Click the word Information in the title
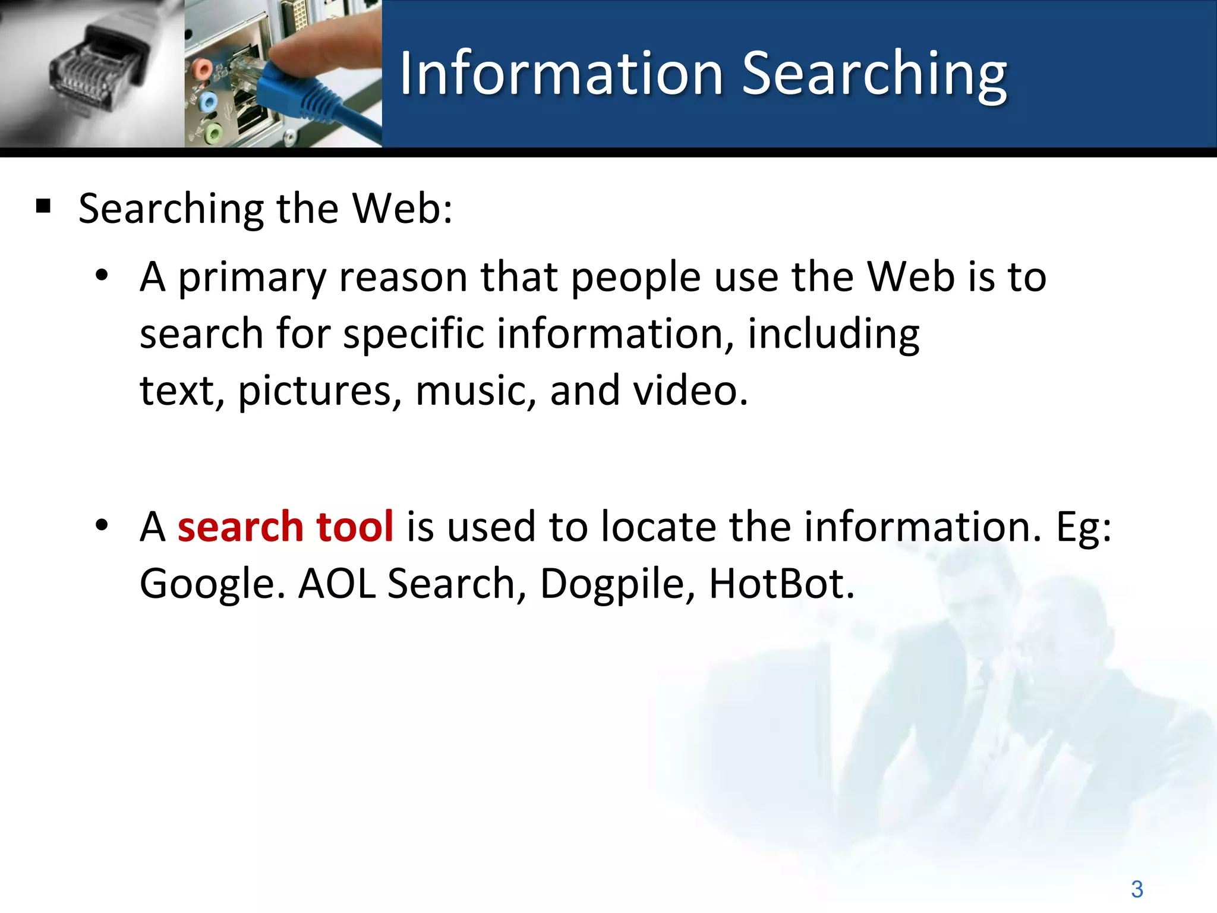tap(561, 74)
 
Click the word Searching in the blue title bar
tap(874, 74)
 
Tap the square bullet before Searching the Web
tap(43, 207)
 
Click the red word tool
tap(355, 527)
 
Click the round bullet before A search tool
tap(102, 525)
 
